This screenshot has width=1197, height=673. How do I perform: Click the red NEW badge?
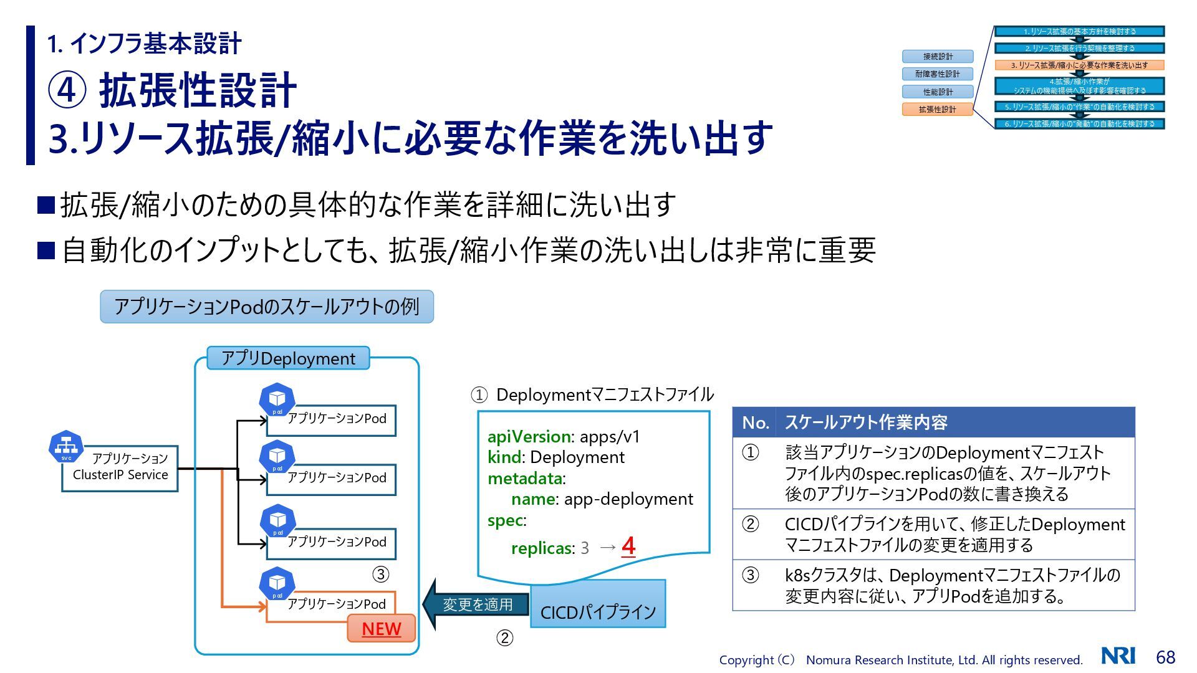tap(381, 629)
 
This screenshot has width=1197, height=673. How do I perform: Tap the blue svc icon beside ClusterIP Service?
tap(66, 446)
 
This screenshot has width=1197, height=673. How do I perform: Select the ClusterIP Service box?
tap(120, 468)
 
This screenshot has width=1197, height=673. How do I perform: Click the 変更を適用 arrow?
tap(475, 604)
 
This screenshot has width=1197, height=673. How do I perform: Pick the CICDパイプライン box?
tap(598, 611)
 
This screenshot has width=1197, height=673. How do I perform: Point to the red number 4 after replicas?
tap(628, 547)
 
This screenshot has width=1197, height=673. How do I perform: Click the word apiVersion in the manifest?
tap(529, 436)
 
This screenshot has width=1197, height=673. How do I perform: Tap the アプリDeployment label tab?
tap(288, 358)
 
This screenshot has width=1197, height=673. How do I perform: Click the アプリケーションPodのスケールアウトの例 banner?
tap(267, 307)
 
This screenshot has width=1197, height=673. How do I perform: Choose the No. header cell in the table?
tap(754, 422)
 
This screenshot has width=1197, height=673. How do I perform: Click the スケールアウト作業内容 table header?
tap(866, 422)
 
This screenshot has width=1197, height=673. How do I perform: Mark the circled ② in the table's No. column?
tap(751, 524)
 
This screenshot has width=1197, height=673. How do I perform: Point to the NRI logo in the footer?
tap(1118, 656)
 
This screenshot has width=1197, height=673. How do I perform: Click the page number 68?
tap(1165, 657)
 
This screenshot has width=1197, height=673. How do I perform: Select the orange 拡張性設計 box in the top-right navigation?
tap(937, 110)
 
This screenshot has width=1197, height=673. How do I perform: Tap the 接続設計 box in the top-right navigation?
tap(937, 57)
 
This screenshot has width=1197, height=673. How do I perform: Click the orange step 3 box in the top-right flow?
tap(1079, 65)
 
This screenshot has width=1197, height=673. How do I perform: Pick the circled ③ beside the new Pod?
tap(380, 574)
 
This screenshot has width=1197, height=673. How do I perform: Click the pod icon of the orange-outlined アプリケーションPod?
tap(277, 583)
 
